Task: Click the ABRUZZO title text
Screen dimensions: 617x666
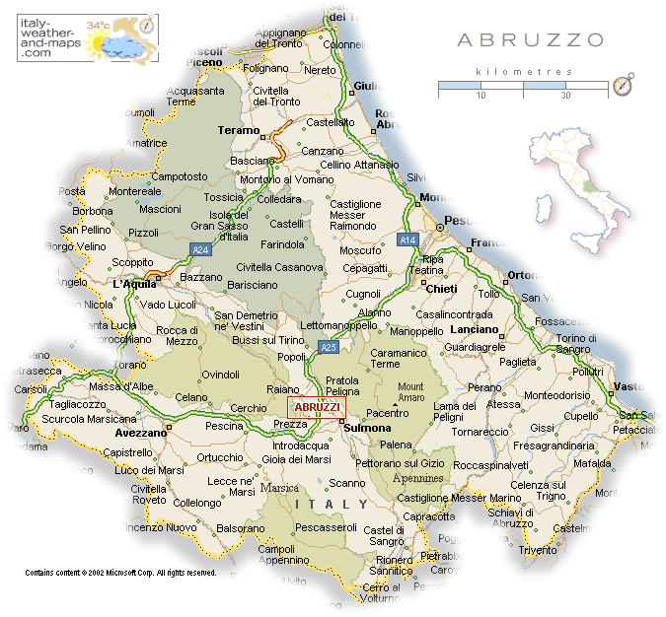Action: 530,40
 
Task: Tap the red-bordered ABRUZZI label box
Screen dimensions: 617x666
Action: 318,407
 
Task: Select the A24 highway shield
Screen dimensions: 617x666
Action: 201,250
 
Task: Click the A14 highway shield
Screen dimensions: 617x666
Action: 407,240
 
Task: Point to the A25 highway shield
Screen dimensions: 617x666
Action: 330,347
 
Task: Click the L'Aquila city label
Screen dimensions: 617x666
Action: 133,284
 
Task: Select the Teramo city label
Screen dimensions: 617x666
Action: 238,130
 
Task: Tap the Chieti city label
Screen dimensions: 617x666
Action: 440,289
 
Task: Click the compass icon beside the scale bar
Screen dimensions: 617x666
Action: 623,86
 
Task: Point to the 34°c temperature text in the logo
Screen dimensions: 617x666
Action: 99,25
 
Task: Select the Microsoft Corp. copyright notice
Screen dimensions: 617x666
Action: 120,573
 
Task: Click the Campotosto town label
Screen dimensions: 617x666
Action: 180,176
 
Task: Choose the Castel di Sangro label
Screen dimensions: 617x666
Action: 385,536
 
